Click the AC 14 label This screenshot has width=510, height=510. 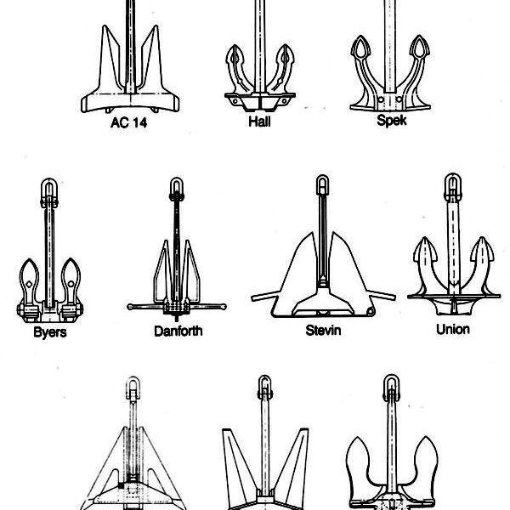coord(129,122)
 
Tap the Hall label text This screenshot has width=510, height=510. coord(259,122)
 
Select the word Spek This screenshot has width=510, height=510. coord(392,121)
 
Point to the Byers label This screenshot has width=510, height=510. coord(50,332)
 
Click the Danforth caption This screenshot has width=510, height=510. coord(178,331)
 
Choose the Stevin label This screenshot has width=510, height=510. coord(323,331)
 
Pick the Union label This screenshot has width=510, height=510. coord(453,330)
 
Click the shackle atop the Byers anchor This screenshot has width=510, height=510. coord(49,192)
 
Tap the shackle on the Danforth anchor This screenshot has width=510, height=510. coord(177,188)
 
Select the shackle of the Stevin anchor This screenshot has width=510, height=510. coord(322,184)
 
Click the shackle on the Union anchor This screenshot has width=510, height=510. coord(453,187)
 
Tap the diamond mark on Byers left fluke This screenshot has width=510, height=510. coord(29,284)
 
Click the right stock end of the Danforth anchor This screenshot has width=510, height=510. coord(224,306)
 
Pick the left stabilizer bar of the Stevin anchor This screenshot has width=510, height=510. coord(264,296)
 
